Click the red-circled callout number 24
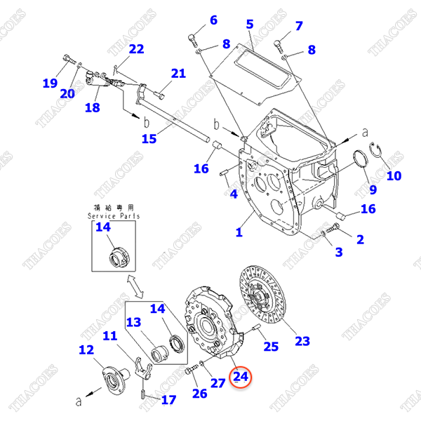click(241, 377)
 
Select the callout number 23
click(302, 342)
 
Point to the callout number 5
click(249, 25)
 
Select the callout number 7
click(298, 26)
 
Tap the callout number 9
click(373, 189)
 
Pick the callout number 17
click(168, 400)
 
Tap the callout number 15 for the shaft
click(149, 139)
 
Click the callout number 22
click(136, 48)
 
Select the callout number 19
click(49, 83)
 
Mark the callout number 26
click(199, 393)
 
